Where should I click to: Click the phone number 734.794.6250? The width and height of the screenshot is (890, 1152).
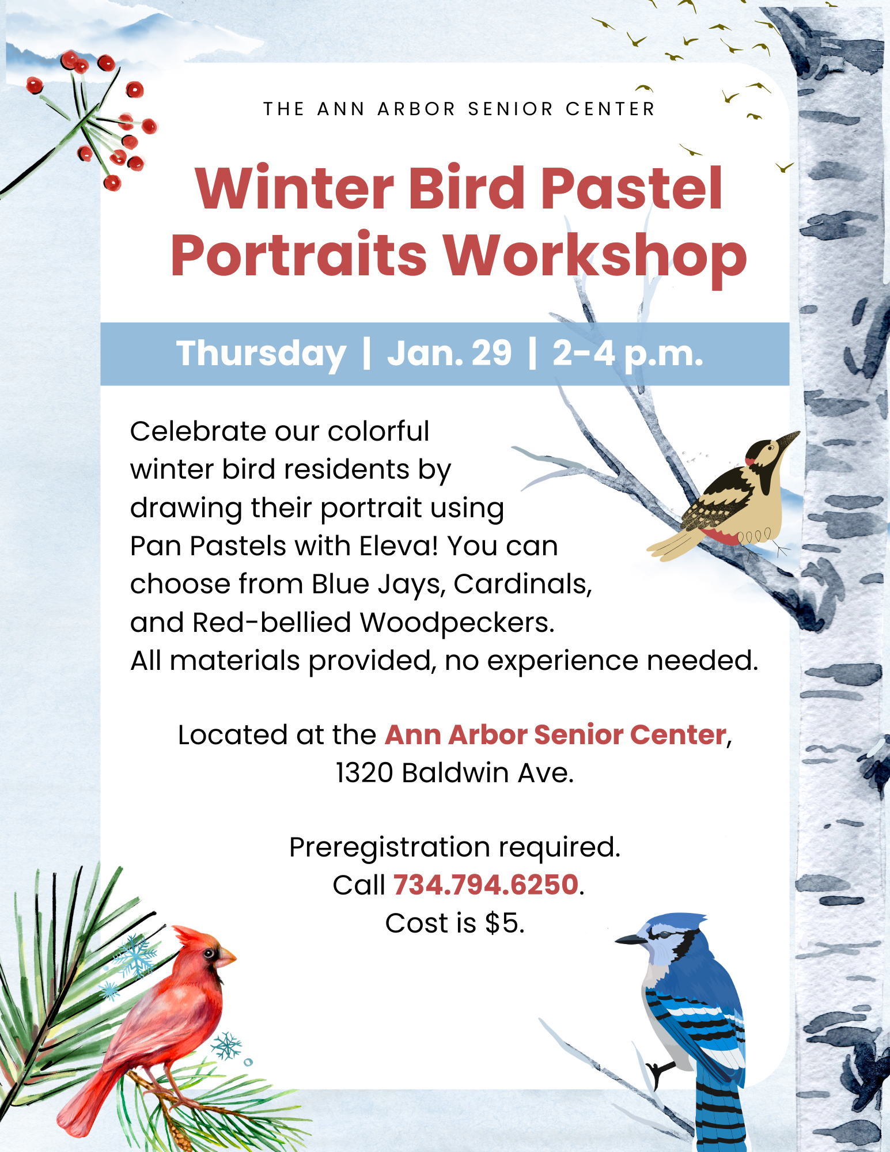pyautogui.click(x=486, y=885)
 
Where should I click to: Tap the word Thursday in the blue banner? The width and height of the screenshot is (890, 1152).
pyautogui.click(x=261, y=354)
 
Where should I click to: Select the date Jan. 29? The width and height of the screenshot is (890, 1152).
pyautogui.click(x=449, y=353)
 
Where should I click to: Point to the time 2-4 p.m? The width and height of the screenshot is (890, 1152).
pyautogui.click(x=628, y=354)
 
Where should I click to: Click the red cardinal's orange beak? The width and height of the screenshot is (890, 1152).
pyautogui.click(x=226, y=957)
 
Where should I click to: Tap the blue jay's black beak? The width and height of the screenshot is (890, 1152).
pyautogui.click(x=631, y=939)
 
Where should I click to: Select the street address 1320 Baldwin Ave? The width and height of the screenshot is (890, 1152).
pyautogui.click(x=455, y=772)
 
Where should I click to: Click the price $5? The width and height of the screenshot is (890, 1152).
pyautogui.click(x=505, y=923)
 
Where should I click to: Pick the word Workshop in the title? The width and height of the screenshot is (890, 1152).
pyautogui.click(x=595, y=256)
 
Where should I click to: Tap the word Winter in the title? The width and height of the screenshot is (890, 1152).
pyautogui.click(x=294, y=188)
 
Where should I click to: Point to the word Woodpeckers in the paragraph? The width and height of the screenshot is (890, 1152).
pyautogui.click(x=457, y=623)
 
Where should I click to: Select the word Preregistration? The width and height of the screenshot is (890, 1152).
pyautogui.click(x=389, y=847)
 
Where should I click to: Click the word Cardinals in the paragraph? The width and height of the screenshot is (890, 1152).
pyautogui.click(x=522, y=584)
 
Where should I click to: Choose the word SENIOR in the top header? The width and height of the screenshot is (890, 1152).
pyautogui.click(x=510, y=109)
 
